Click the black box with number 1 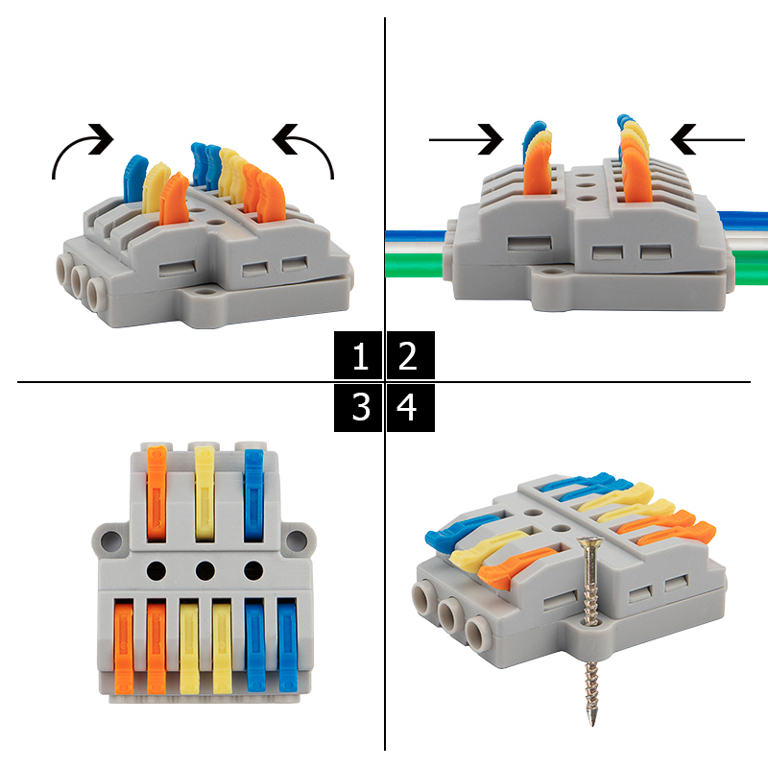point(358,355)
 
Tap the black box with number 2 point(411,355)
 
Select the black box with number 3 point(358,407)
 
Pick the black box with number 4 point(411,407)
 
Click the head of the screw point(589,541)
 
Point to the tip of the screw point(593,725)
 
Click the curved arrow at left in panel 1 point(79,147)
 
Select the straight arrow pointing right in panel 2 point(466,139)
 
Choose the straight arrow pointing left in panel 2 point(708,139)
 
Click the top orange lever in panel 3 point(156,493)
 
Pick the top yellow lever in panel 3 point(204,493)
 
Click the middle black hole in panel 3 point(204,570)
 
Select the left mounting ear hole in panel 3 point(111,540)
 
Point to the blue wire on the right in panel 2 point(742,221)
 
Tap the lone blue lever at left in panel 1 point(134,179)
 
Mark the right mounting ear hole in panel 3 point(297,540)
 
